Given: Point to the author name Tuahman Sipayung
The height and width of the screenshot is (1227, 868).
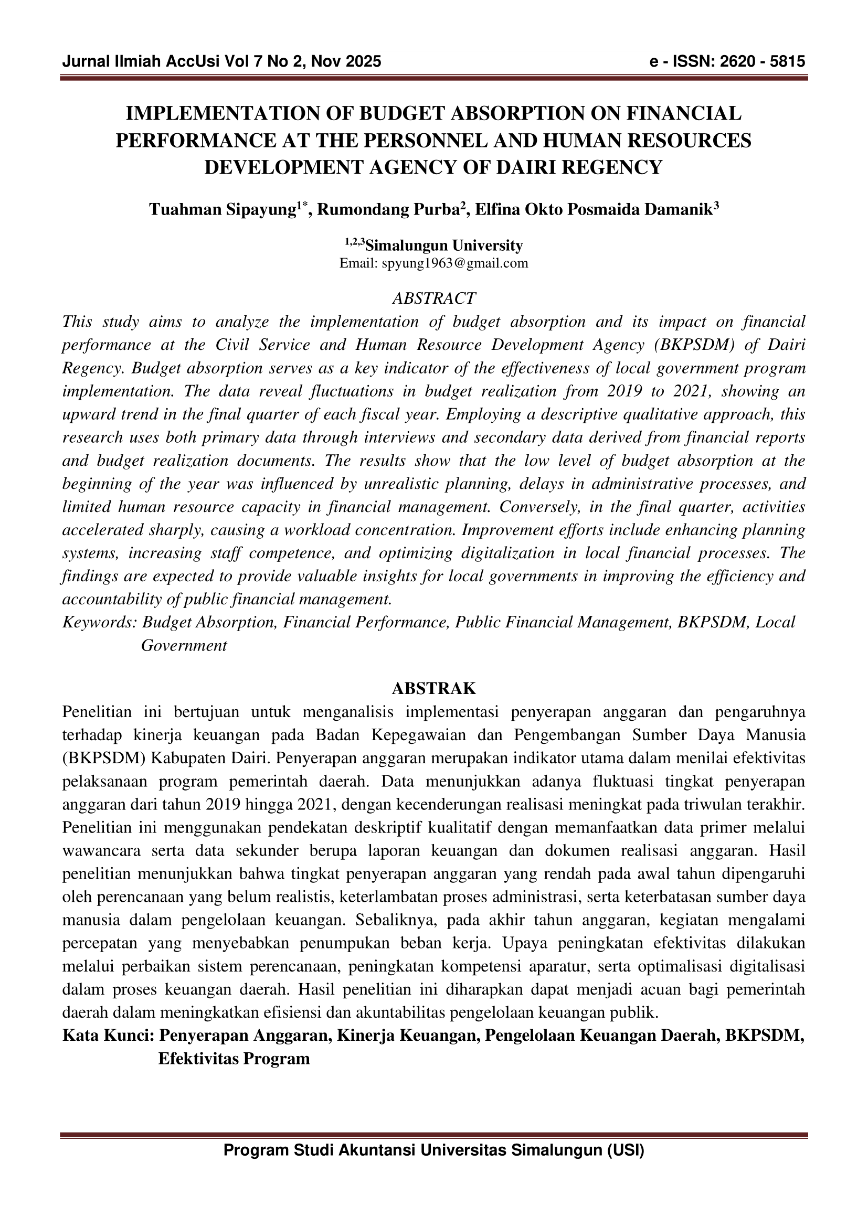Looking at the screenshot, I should tap(223, 209).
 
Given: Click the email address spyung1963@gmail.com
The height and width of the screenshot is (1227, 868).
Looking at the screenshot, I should tap(454, 263).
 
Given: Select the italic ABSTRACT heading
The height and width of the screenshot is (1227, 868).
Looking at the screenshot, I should tap(434, 298).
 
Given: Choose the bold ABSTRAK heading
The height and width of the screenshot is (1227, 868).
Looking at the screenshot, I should tap(434, 688).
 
